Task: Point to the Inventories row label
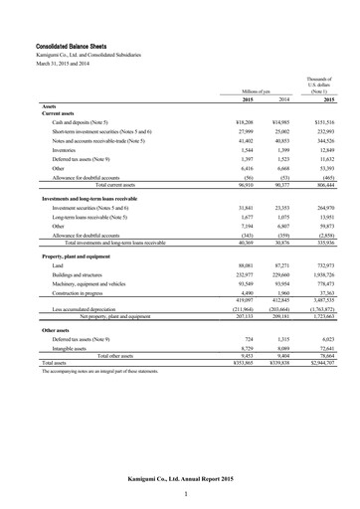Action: (x=63, y=148)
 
